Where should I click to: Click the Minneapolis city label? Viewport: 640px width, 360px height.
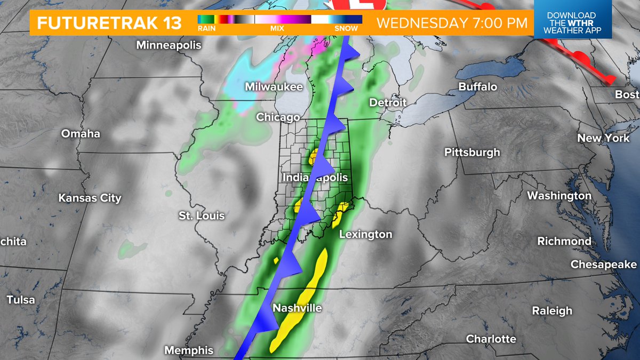(x=169, y=45)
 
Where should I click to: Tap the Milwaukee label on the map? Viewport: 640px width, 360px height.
(x=274, y=87)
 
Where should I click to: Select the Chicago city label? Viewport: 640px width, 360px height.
(x=278, y=117)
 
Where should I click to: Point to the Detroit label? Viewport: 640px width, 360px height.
(x=388, y=102)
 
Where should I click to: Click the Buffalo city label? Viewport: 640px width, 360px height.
(x=477, y=86)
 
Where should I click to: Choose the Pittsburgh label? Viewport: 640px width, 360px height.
(x=473, y=153)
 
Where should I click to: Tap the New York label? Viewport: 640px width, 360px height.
(x=604, y=138)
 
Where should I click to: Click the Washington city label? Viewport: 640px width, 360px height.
(x=559, y=196)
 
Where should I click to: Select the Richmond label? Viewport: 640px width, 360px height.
(x=564, y=241)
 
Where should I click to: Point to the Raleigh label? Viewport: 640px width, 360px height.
(x=552, y=310)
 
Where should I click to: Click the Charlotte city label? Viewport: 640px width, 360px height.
(x=491, y=339)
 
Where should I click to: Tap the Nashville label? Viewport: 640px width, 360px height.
(x=297, y=308)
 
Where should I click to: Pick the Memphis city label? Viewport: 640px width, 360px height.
(x=189, y=350)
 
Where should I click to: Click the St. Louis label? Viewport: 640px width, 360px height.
(x=202, y=216)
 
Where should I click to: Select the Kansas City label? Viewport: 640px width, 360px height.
(x=90, y=198)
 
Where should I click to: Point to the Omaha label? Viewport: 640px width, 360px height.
(x=81, y=133)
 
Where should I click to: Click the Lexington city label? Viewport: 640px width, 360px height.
(x=365, y=234)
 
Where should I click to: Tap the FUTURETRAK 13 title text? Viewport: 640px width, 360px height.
(x=109, y=23)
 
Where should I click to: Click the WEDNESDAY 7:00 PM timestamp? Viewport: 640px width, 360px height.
(x=452, y=23)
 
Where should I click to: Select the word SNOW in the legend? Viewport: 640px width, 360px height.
(x=346, y=29)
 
